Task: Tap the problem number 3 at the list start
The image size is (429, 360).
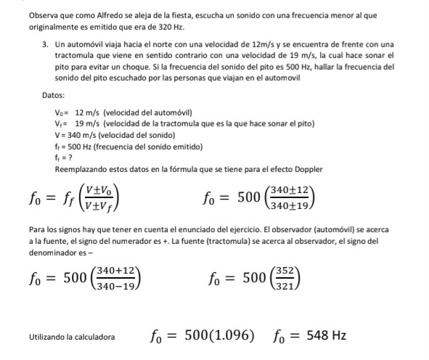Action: click(x=45, y=45)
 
